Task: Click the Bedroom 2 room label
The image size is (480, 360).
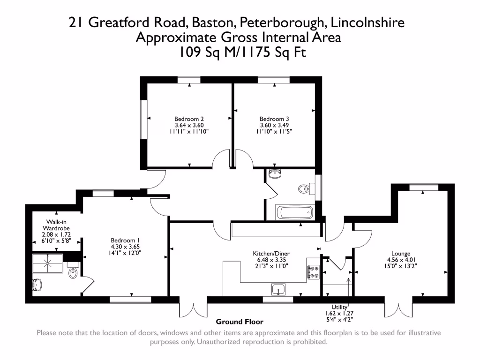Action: (189, 119)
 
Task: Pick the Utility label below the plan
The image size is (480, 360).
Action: (339, 307)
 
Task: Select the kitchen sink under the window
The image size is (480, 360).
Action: (278, 290)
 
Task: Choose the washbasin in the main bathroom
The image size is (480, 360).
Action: (275, 175)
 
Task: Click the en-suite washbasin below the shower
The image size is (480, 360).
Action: (38, 284)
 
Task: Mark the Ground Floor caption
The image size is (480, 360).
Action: (240, 322)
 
